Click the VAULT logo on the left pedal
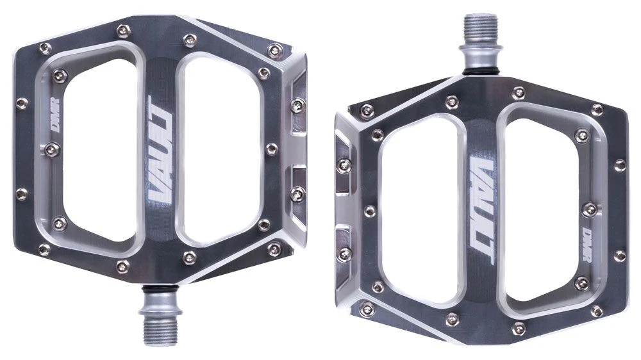[160, 149]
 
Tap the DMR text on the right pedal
[587, 245]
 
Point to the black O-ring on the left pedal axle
[160, 290]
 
